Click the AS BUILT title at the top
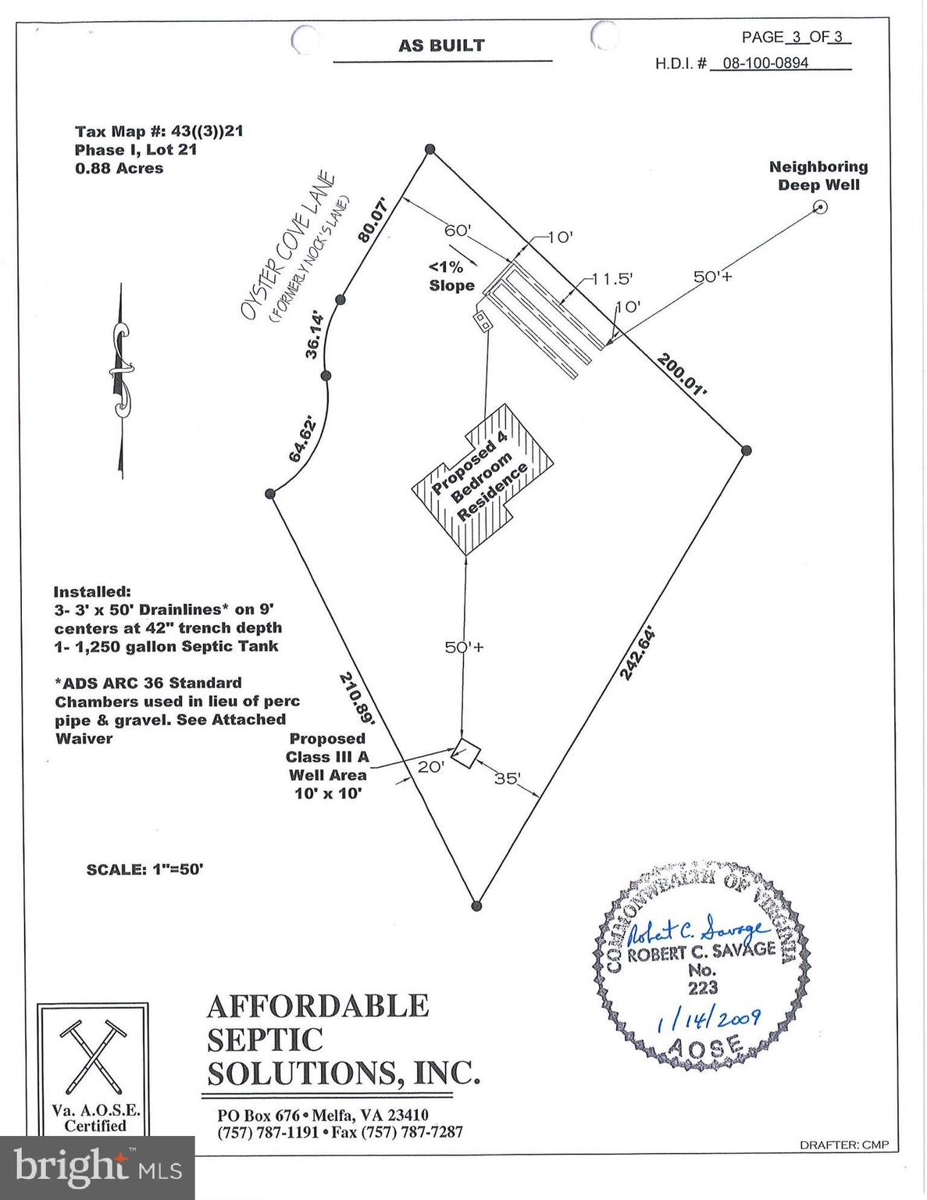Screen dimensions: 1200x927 (441, 45)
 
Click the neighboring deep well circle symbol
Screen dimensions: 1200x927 (820, 207)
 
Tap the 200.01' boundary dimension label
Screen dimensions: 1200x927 (683, 373)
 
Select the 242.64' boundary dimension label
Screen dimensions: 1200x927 (636, 652)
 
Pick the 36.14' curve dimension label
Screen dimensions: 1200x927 (315, 337)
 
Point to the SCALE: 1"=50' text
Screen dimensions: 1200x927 (144, 869)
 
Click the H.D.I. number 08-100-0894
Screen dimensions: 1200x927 (765, 62)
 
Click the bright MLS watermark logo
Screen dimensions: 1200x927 (98, 1168)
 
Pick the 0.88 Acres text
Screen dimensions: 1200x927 (119, 168)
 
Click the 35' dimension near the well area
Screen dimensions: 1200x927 (508, 778)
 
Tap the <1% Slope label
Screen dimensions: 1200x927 (451, 276)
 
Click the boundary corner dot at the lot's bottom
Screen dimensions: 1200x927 (477, 905)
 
